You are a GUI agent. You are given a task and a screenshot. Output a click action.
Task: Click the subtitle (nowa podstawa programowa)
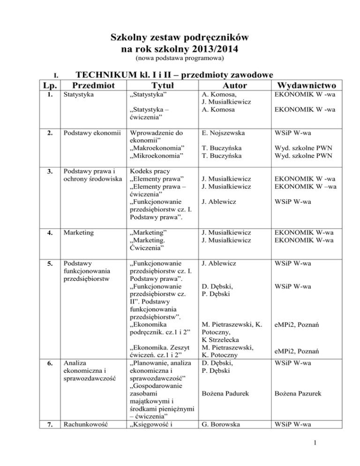pyautogui.click(x=180, y=59)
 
